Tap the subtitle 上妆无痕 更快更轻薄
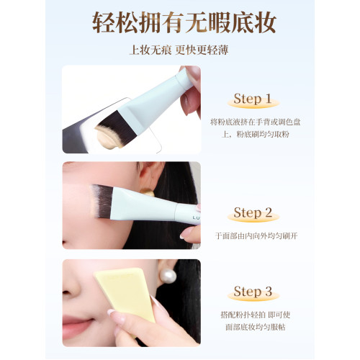pyautogui.click(x=180, y=50)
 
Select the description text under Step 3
pyautogui.click(x=256, y=320)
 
